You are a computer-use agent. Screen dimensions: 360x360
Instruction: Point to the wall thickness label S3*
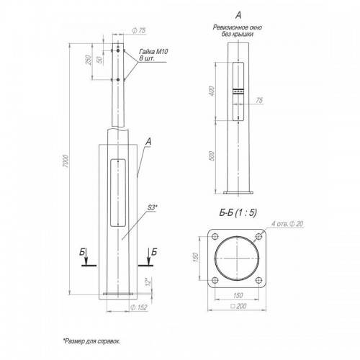pyautogui.click(x=153, y=207)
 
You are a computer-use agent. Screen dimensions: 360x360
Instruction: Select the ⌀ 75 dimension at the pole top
pyautogui.click(x=139, y=31)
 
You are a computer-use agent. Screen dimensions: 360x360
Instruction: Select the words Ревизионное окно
pyautogui.click(x=238, y=27)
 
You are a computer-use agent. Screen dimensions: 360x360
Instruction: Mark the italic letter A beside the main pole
pyautogui.click(x=148, y=143)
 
